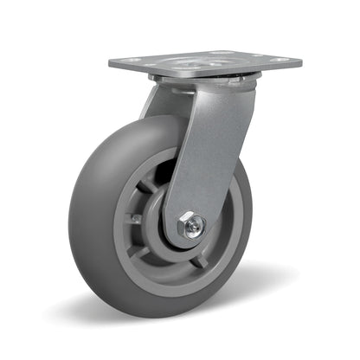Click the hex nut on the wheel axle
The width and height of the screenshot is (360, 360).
(x=192, y=227)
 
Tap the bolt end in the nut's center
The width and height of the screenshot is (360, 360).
(x=194, y=228)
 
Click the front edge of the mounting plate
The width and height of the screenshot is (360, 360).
(x=208, y=72)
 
